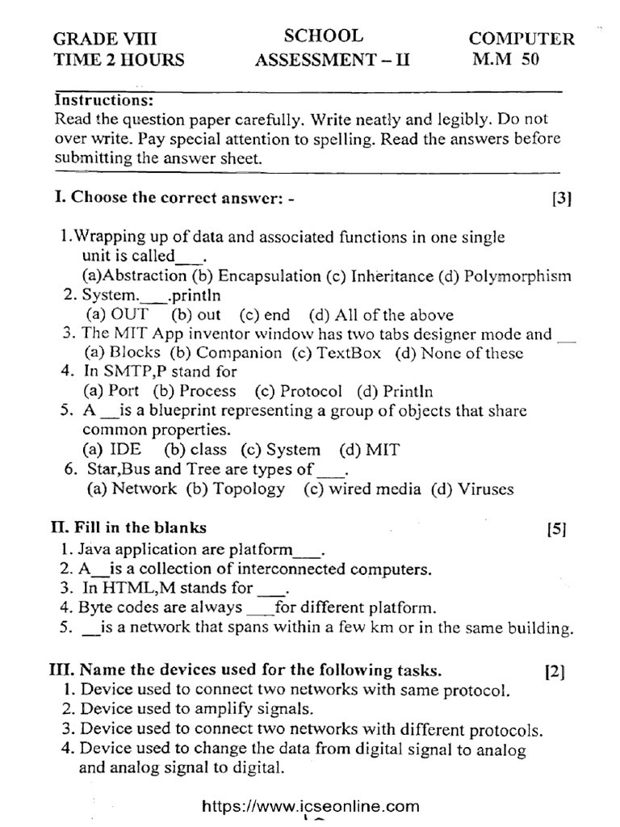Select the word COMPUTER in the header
click(522, 38)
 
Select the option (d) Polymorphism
click(505, 275)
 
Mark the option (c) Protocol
click(298, 391)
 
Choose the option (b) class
click(195, 450)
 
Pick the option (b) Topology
click(235, 489)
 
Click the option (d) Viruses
click(472, 489)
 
